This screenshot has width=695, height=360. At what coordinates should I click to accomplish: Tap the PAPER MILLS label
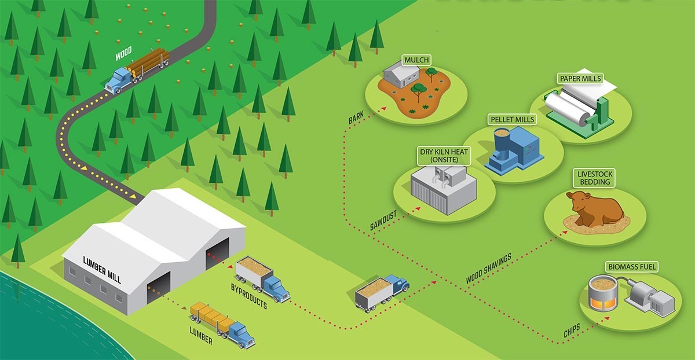pos(580,78)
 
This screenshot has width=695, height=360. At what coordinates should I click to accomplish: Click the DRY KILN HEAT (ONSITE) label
pos(444,156)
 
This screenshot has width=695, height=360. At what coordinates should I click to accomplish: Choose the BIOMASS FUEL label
pos(632,267)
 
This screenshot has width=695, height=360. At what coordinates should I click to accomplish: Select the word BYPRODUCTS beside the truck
pos(249,295)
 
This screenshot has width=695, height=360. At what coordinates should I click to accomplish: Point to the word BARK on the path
pos(356,119)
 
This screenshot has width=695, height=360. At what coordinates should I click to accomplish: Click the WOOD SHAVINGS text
pos(488,269)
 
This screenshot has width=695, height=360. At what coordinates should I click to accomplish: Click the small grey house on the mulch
pos(400,76)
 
